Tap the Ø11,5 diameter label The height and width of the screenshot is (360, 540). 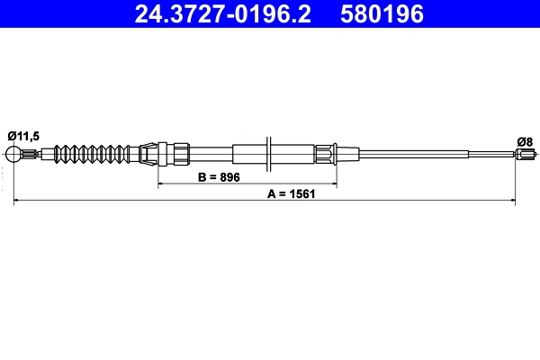[x=22, y=135]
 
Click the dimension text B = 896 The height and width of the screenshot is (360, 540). [x=218, y=177]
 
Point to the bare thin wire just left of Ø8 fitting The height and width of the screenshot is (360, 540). [x=490, y=154]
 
